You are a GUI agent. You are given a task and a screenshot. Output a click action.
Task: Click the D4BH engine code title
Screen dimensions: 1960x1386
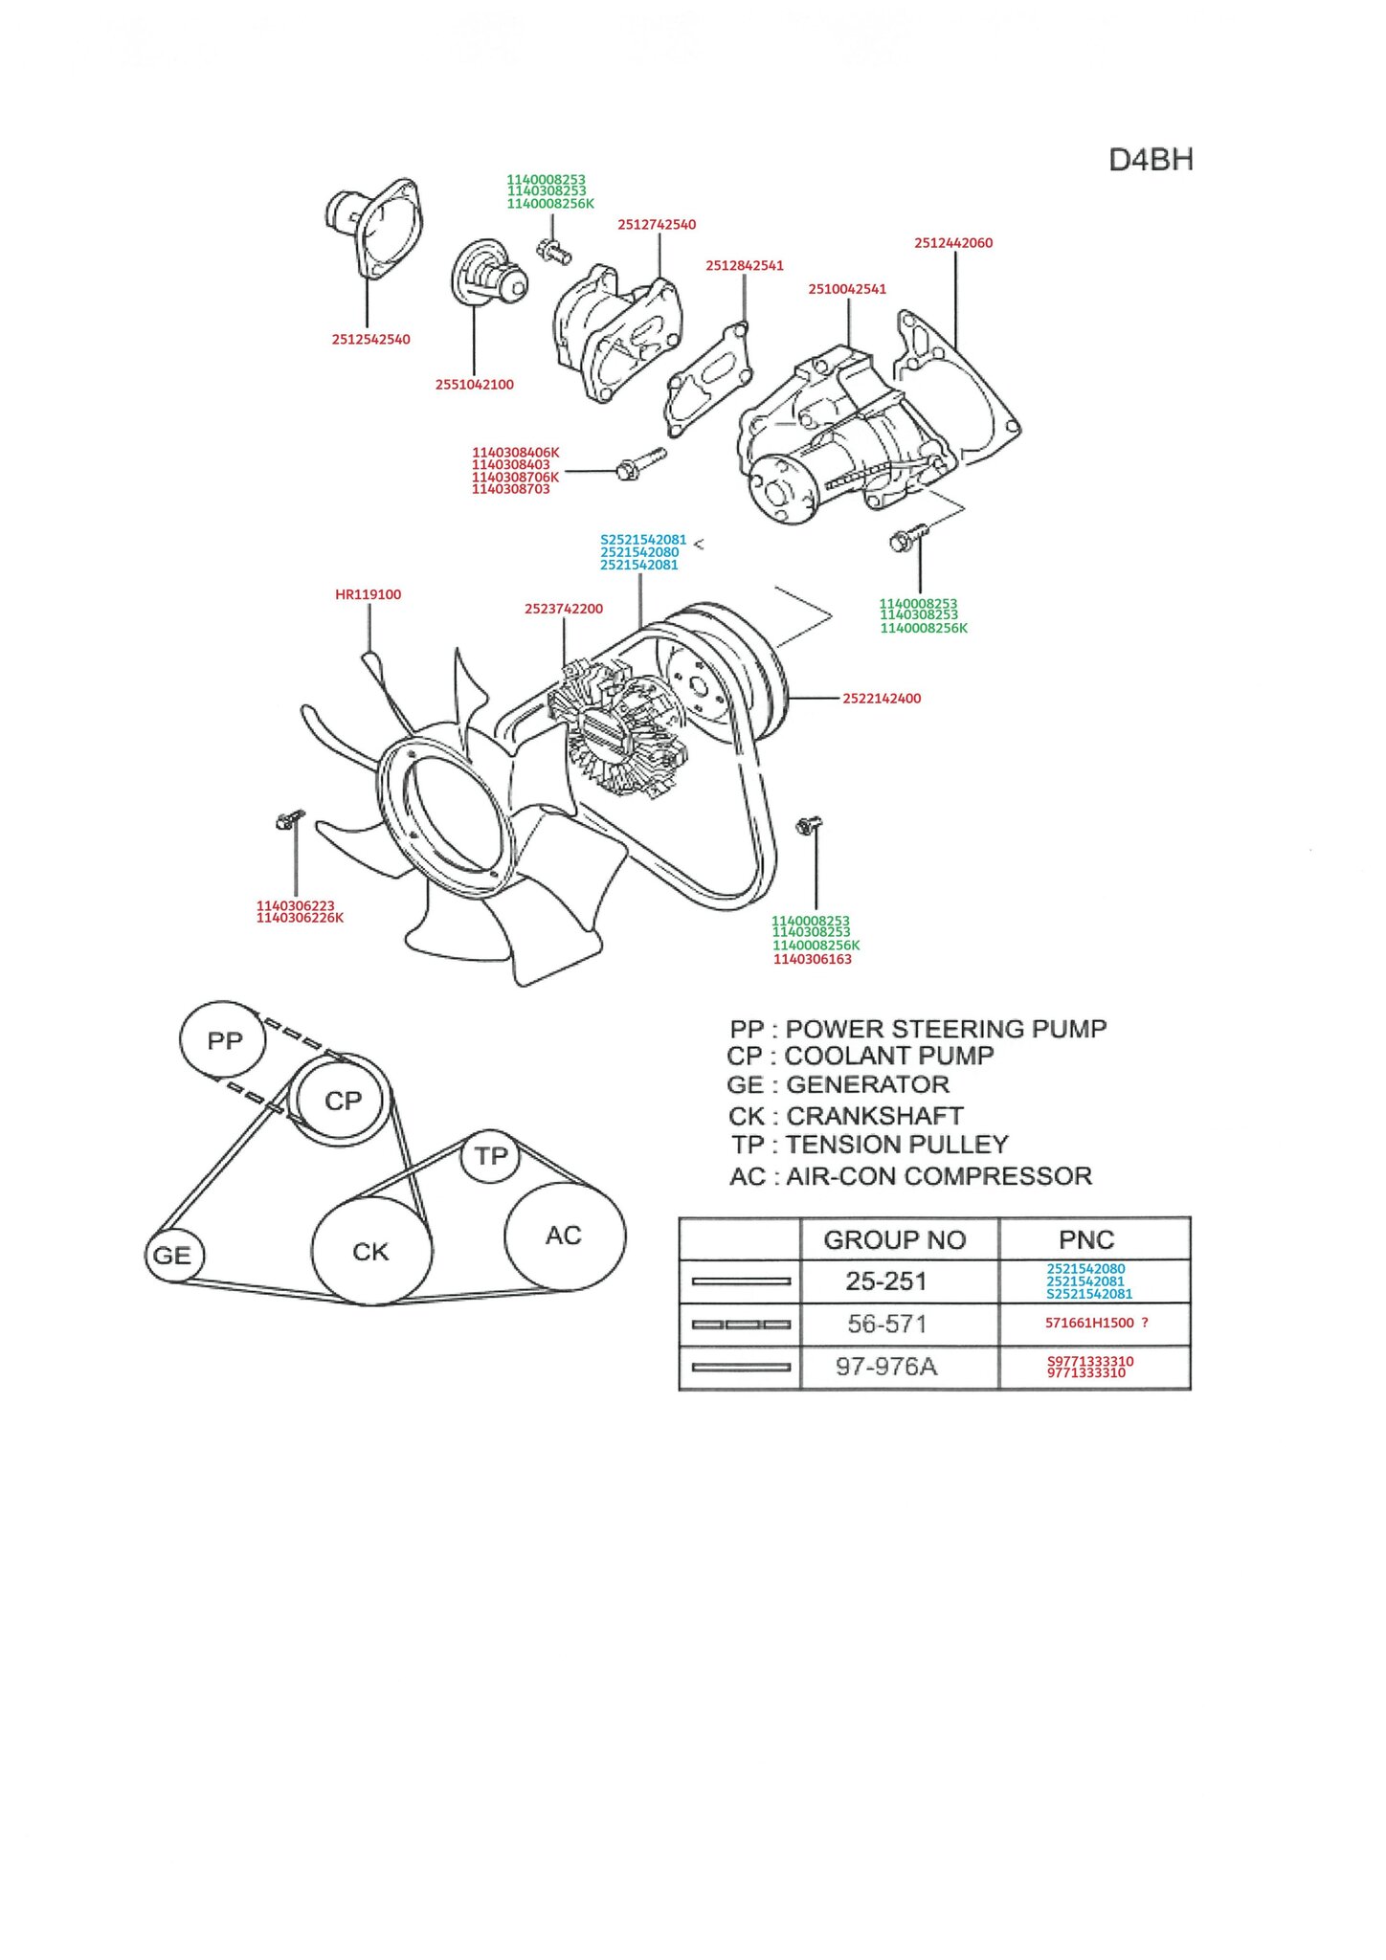1151,160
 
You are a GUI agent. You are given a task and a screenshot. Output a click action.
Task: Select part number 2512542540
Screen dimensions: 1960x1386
370,340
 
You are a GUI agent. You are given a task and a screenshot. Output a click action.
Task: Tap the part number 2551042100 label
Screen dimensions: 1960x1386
474,385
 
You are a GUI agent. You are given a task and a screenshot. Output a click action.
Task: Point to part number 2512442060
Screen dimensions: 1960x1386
953,243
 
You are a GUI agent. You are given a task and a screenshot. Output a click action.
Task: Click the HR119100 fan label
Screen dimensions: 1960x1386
368,594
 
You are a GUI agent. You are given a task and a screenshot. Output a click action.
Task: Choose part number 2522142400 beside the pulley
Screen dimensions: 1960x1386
882,699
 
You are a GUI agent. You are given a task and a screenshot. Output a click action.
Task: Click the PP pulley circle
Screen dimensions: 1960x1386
224,1040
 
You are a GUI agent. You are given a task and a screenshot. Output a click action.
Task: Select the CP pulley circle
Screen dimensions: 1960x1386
343,1101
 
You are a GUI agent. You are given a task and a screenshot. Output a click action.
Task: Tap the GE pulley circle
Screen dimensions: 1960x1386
172,1255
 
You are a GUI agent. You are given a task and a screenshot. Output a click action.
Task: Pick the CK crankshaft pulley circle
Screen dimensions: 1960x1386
370,1251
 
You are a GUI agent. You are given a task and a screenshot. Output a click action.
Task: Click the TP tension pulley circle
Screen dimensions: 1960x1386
491,1156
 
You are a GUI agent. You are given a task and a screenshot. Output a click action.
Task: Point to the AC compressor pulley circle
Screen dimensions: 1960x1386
564,1236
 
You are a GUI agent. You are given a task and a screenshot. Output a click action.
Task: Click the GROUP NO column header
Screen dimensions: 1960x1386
895,1240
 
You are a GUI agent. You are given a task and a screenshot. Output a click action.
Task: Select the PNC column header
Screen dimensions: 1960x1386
1086,1240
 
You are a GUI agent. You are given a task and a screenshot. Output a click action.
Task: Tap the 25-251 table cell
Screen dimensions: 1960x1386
886,1281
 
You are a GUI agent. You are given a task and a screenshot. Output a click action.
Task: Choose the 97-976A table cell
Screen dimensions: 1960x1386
886,1367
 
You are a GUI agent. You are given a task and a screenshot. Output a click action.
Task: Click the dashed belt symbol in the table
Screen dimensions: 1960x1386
741,1325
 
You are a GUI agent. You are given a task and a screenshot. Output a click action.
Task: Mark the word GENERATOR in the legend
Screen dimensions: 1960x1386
867,1084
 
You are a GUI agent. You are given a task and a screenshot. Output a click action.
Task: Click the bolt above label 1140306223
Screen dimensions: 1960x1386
289,820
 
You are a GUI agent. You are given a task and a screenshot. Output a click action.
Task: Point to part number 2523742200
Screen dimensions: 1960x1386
564,609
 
